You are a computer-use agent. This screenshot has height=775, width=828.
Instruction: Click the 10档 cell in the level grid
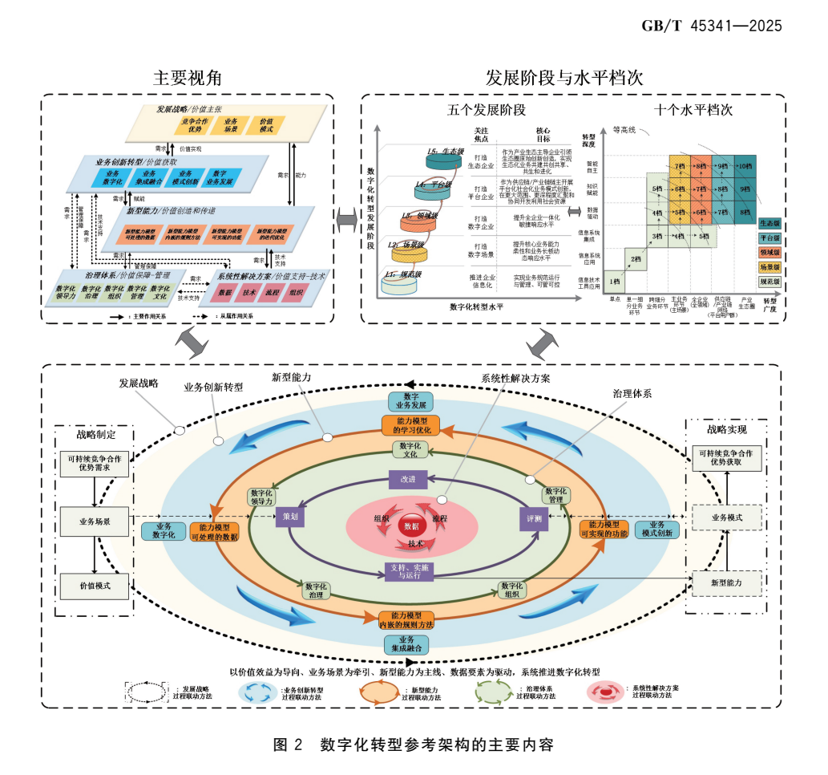745,167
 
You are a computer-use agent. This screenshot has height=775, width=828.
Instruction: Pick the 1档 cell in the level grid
615,282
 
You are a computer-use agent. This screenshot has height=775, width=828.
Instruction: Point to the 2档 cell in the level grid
635,259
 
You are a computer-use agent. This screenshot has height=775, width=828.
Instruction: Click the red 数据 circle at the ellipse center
410,526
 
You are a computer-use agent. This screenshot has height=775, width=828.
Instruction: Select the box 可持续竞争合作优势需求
95,464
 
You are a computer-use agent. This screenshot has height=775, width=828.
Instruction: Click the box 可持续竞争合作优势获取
729,458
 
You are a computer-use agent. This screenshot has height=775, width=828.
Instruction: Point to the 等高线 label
624,128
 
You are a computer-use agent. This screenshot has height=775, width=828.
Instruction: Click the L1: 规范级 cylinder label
406,274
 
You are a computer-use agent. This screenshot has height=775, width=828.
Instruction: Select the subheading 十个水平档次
693,111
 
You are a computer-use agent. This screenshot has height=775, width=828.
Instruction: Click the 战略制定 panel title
95,435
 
